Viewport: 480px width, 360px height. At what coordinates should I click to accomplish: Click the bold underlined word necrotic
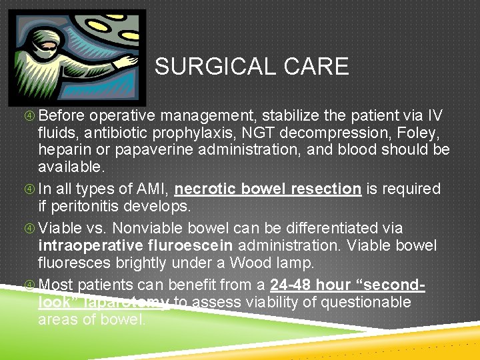(x=204, y=189)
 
